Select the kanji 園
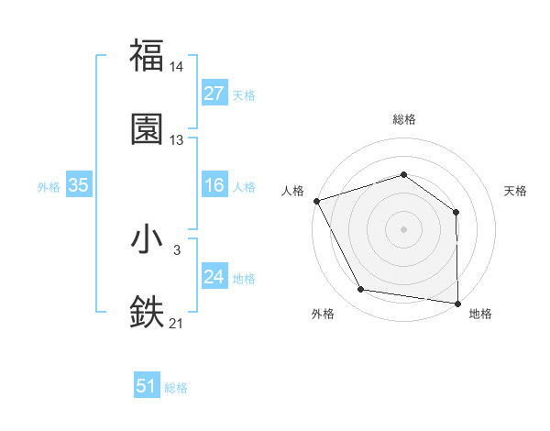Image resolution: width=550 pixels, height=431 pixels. [147, 128]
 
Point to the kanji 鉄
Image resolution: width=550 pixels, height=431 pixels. [147, 312]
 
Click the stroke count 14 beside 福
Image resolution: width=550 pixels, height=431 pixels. [177, 66]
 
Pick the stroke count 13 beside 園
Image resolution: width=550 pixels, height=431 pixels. [177, 140]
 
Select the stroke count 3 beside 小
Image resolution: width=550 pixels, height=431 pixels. [177, 249]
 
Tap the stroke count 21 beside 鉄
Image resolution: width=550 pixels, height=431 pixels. [177, 323]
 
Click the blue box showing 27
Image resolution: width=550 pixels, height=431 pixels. [214, 94]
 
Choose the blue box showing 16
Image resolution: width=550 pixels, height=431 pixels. [214, 186]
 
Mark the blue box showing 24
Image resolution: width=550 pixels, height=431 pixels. [214, 278]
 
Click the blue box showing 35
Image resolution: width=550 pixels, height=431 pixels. [78, 186]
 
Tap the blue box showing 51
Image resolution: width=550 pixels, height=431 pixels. [146, 387]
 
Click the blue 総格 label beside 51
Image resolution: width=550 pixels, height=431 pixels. [176, 388]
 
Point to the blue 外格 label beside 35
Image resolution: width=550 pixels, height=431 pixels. [49, 187]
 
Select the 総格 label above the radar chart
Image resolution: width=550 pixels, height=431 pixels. [403, 119]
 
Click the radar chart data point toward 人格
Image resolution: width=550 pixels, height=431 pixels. [316, 200]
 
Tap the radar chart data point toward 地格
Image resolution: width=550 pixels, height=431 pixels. [457, 303]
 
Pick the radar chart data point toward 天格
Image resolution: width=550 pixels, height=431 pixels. [456, 212]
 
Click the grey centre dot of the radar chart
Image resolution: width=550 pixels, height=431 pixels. [403, 228]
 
